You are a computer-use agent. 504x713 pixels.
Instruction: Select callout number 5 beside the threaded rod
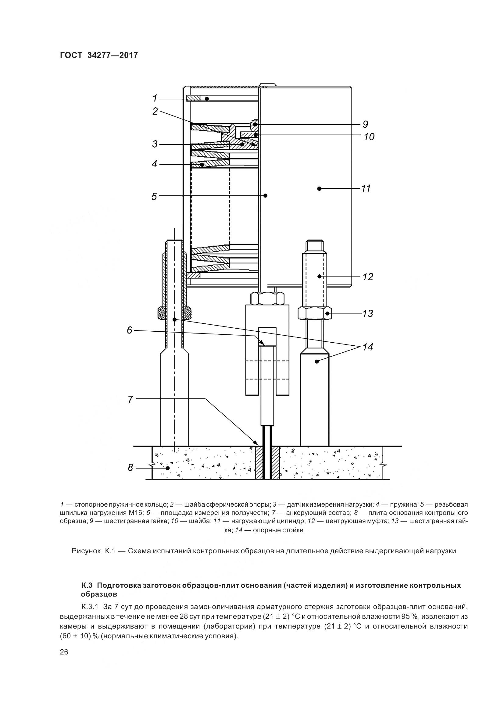(154, 196)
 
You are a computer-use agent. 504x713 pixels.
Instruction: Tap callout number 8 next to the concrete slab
(130, 467)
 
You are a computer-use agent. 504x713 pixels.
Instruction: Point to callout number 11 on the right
(366, 188)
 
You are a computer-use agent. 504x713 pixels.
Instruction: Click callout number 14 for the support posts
(368, 347)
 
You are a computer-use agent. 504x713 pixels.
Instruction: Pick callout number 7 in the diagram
(130, 399)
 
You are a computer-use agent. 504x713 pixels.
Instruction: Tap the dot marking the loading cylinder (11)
(319, 188)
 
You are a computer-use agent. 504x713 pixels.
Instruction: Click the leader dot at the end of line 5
(266, 195)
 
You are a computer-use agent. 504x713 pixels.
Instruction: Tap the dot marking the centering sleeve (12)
(319, 276)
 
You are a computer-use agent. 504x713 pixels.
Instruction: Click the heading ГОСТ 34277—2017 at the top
(99, 55)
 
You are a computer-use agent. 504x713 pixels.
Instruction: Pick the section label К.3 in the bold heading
(87, 585)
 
